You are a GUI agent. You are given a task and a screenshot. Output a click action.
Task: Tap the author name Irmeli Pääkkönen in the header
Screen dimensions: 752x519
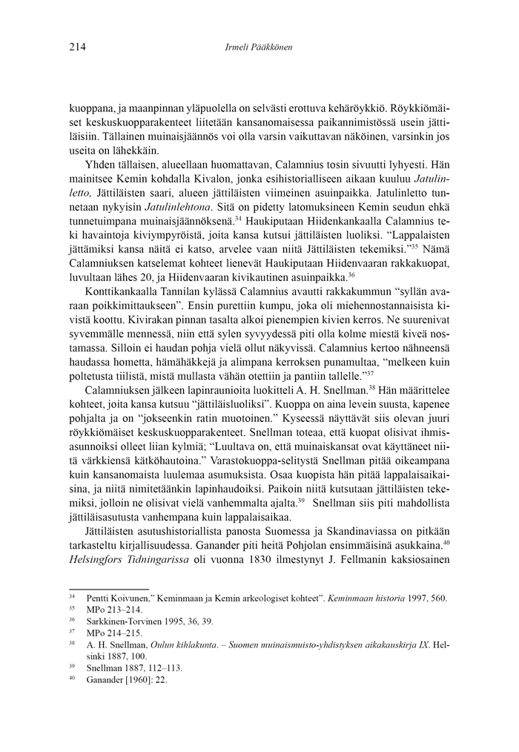coord(259,47)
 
